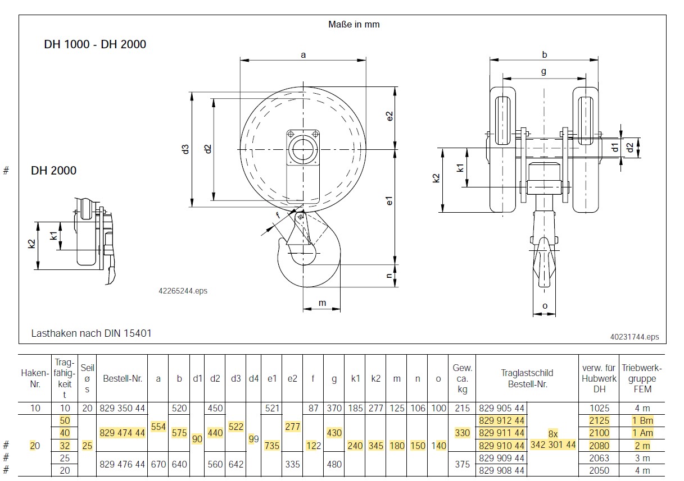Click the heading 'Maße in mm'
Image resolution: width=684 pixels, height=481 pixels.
point(354,24)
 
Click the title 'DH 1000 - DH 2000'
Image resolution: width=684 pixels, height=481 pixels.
point(95,44)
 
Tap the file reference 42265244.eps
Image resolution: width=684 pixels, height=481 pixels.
point(183,291)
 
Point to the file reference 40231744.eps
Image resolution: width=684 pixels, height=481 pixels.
point(635,337)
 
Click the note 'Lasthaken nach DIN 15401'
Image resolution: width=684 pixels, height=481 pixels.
point(91,333)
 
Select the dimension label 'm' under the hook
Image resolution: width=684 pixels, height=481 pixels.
point(323,303)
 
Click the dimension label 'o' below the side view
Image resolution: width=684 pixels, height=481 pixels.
point(545,306)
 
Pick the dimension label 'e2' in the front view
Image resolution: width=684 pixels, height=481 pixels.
point(389,116)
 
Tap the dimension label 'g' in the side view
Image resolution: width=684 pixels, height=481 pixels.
point(543,72)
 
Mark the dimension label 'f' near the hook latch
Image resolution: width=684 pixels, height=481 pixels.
point(278,216)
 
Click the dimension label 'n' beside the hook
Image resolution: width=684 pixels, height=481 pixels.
point(389,276)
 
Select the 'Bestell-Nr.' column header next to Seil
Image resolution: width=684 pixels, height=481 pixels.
point(123,378)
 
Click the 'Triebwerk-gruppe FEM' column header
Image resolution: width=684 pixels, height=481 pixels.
point(642,378)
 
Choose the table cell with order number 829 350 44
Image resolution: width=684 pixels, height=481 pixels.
point(122,408)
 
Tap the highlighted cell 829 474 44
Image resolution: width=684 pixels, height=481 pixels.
point(122,433)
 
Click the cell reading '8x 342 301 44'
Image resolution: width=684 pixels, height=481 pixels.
point(553,439)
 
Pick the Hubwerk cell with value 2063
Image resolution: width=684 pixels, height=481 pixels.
point(599,458)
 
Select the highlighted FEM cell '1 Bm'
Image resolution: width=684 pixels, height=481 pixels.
point(642,420)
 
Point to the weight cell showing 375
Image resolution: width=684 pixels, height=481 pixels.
point(462,464)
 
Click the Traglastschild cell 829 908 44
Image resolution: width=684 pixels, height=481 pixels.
point(501,471)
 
